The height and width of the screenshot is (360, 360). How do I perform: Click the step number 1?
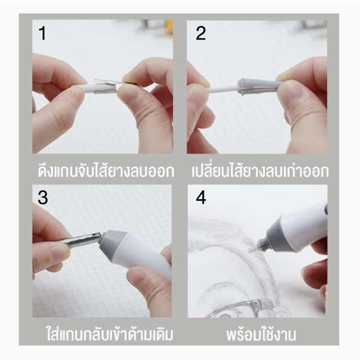(42, 33)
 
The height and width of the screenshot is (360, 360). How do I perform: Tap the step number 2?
(201, 33)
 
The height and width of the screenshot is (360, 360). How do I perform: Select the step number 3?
(43, 197)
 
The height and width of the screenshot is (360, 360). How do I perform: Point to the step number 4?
(201, 197)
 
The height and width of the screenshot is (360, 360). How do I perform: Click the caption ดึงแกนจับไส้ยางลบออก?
(106, 171)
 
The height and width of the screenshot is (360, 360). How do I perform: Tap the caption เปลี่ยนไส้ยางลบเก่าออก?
(260, 170)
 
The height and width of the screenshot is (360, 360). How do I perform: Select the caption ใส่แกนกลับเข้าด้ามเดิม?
(110, 334)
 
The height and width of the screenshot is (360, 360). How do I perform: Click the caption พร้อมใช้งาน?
(261, 335)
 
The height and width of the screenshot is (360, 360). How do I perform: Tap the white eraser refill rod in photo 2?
(223, 90)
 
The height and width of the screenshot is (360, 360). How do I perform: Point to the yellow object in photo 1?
(170, 26)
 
